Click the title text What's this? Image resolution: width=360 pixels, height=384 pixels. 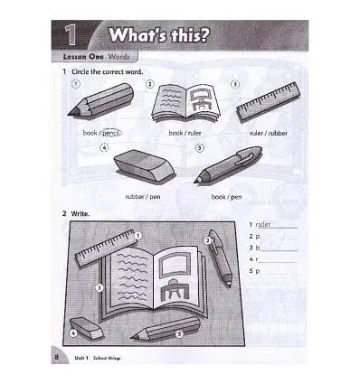[x=159, y=38]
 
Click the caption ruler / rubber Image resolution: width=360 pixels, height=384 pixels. [x=269, y=133]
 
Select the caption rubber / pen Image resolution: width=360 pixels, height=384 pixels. [x=141, y=195]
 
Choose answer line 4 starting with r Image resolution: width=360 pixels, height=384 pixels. [x=271, y=258]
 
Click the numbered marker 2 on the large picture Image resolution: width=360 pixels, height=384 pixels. [x=208, y=241]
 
